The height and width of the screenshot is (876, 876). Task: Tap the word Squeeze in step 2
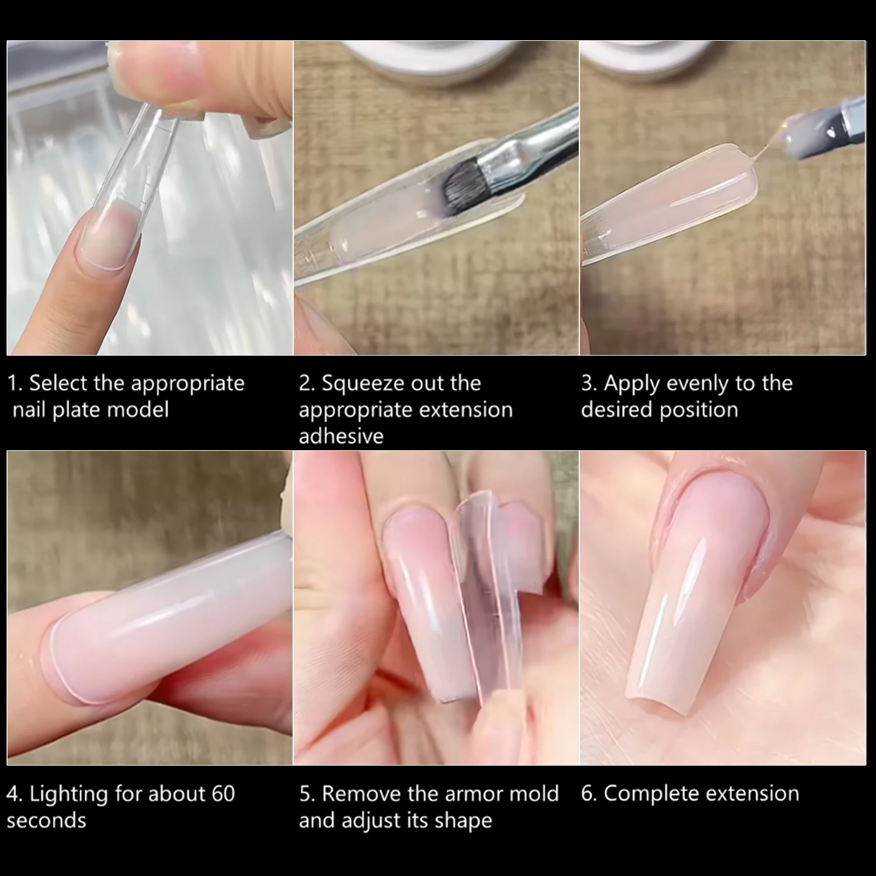point(360,384)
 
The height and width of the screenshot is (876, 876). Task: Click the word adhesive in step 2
point(341,436)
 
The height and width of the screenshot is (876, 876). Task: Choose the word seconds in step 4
point(46,821)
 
